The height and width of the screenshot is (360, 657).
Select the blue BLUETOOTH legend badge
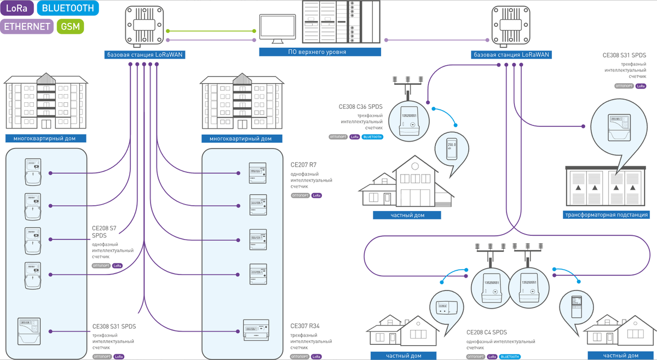[68, 8]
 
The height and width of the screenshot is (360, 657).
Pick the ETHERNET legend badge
[27, 26]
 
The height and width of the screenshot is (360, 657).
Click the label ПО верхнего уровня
[320, 52]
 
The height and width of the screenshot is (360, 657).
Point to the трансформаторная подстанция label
[606, 215]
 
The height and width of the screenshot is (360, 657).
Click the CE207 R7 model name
[303, 164]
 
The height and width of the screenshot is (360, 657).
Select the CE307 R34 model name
[305, 326]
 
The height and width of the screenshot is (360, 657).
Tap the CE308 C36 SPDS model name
[361, 107]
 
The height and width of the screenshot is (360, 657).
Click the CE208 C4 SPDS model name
[486, 332]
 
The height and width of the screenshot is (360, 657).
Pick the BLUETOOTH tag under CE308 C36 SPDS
[372, 137]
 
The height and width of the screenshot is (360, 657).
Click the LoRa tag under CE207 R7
[316, 195]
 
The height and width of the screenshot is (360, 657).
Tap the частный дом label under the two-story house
[407, 216]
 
